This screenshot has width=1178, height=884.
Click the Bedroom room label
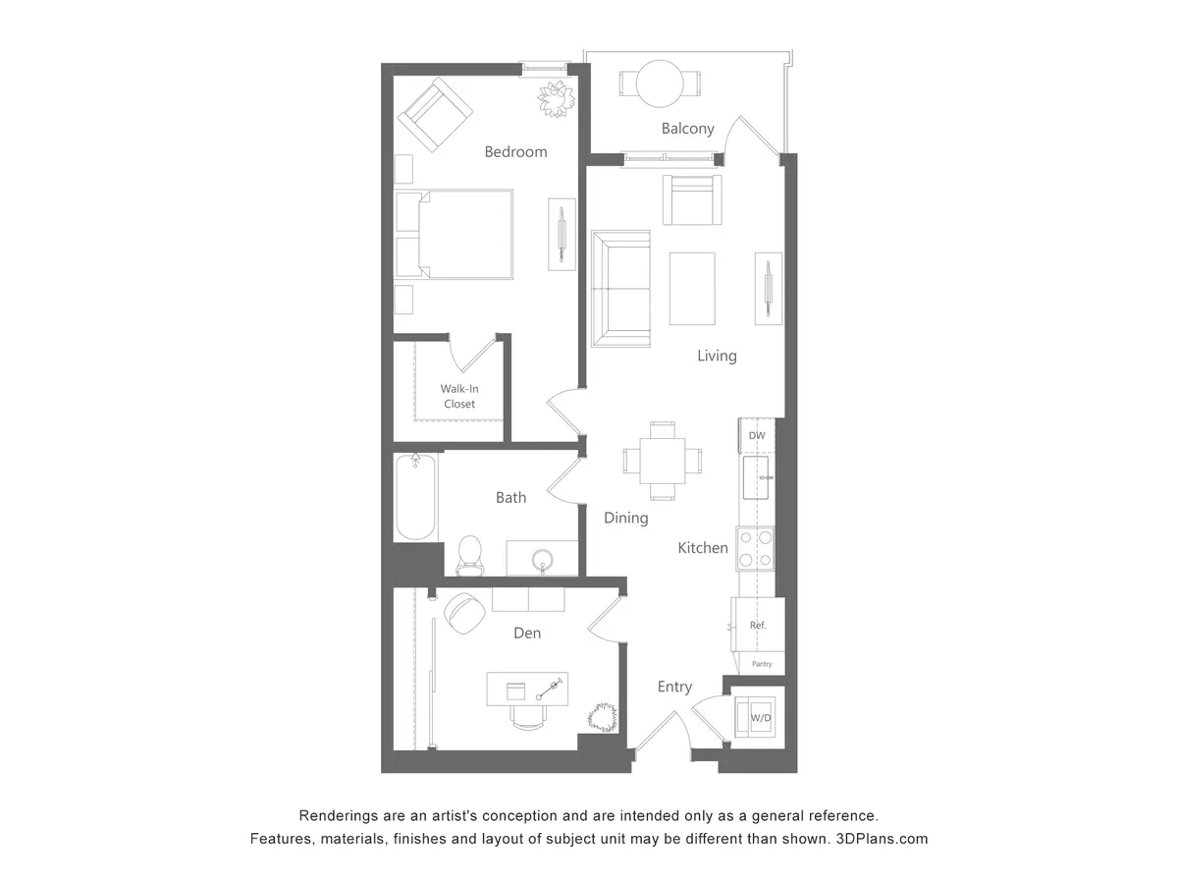pyautogui.click(x=515, y=152)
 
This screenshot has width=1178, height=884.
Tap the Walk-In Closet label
pyautogui.click(x=458, y=397)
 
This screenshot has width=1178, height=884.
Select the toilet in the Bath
pyautogui.click(x=471, y=555)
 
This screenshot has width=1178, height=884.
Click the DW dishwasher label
pyautogui.click(x=757, y=435)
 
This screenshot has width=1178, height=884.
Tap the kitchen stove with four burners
pyautogui.click(x=756, y=548)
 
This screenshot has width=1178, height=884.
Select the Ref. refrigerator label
pyautogui.click(x=758, y=625)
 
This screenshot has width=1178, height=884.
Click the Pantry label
pyautogui.click(x=762, y=664)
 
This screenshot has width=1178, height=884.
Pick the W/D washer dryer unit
pyautogui.click(x=760, y=717)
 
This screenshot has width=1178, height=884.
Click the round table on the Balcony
pyautogui.click(x=660, y=83)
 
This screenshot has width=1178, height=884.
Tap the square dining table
pyautogui.click(x=663, y=460)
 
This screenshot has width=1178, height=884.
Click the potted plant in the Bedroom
pyautogui.click(x=556, y=98)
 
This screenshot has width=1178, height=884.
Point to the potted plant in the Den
pyautogui.click(x=602, y=717)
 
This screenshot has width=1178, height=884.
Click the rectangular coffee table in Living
pyautogui.click(x=692, y=288)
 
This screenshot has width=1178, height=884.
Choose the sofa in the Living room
pyautogui.click(x=620, y=288)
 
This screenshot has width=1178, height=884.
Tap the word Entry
pyautogui.click(x=674, y=688)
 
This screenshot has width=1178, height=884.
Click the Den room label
pyautogui.click(x=527, y=634)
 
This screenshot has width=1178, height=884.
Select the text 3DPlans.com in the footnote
pyautogui.click(x=882, y=839)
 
